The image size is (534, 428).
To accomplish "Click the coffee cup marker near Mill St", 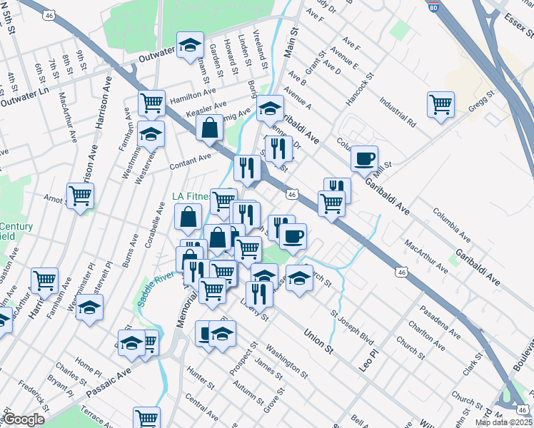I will point(364,159).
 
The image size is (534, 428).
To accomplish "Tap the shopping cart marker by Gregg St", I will point(440,105).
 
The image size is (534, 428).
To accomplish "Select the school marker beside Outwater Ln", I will point(190,45).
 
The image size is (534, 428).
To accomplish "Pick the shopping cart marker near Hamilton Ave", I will point(151,103).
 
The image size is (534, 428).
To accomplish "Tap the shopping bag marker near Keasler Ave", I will point(209,128).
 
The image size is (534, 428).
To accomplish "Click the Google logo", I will point(23,419).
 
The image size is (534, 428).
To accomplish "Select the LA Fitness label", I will point(191,196).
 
